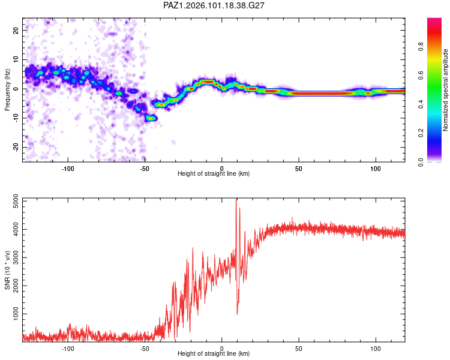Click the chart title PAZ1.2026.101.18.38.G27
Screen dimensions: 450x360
214,5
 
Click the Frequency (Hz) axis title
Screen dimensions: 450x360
7,90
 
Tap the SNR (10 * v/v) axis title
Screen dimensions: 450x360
7,270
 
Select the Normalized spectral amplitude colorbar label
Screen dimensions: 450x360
445,90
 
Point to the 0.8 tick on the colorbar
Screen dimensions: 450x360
421,47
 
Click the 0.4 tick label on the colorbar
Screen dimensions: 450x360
421,104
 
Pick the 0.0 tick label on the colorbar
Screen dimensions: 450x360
421,162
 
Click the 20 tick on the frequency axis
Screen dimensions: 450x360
16,30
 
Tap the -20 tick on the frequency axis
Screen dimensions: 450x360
16,147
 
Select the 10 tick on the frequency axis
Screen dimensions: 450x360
16,59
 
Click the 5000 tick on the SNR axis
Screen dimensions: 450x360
16,201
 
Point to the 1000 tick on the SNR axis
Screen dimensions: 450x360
16,314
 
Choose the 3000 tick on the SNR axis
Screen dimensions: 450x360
16,257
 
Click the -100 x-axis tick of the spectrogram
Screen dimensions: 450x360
68,169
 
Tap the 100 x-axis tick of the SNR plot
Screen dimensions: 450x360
376,349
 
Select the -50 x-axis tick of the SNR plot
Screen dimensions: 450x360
145,349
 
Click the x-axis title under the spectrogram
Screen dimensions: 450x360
214,173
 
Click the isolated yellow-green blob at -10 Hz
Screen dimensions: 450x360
151,118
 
